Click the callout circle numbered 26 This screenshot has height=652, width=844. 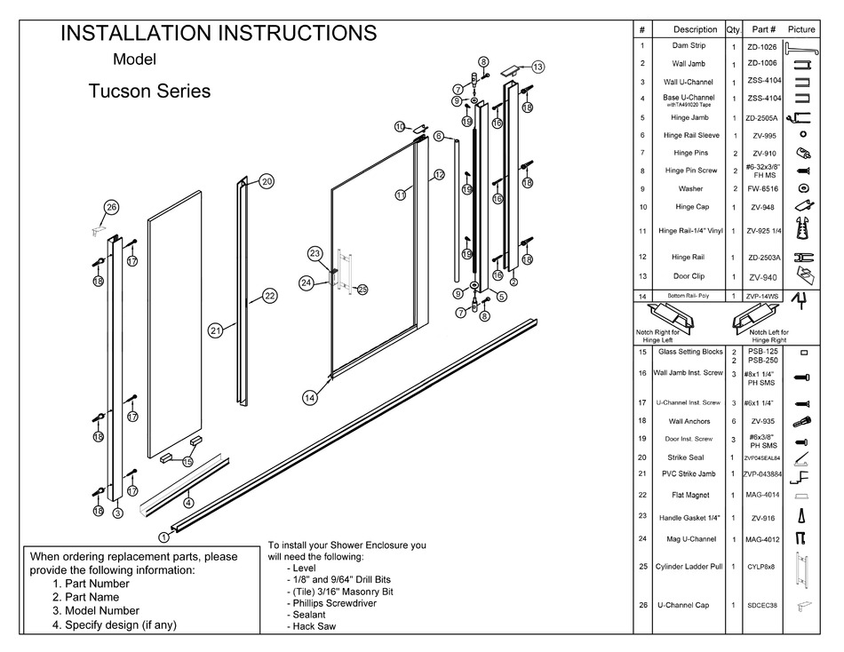click(x=111, y=208)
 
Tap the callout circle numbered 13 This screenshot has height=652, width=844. click(x=537, y=67)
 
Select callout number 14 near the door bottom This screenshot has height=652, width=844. click(x=309, y=399)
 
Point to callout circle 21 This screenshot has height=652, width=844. click(x=215, y=330)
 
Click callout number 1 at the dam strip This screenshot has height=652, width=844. click(x=163, y=537)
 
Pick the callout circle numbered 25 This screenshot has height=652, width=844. click(x=362, y=289)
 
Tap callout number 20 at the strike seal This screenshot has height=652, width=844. click(x=267, y=181)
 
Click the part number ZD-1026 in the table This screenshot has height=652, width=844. click(x=761, y=45)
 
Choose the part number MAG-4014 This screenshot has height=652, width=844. click(x=761, y=495)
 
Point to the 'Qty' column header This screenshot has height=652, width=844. click(x=733, y=29)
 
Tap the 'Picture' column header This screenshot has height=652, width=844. click(x=800, y=29)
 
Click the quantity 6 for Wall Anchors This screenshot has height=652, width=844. click(x=733, y=421)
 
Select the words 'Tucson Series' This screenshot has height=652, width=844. click(x=149, y=91)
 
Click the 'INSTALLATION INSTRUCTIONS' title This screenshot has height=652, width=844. click(x=218, y=34)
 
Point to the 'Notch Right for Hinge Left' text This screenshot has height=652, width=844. click(x=657, y=336)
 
